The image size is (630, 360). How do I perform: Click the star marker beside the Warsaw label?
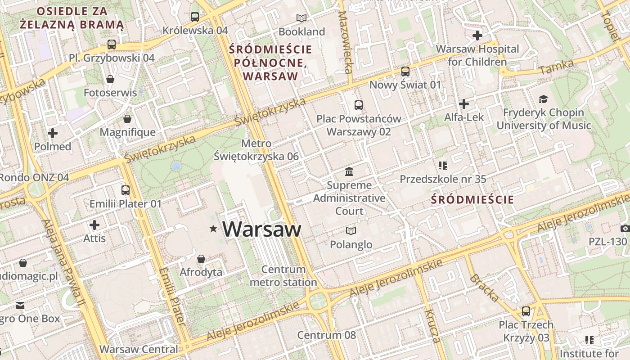213,229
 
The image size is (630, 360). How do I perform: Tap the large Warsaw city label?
262,229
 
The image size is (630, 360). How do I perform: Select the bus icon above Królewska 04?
195,17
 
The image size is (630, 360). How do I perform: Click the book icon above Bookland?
301,18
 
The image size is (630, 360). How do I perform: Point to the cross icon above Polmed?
53,133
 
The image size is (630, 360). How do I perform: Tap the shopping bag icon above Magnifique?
127,119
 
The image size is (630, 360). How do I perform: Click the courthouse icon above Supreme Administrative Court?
349,171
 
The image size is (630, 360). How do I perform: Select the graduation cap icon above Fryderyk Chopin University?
544,99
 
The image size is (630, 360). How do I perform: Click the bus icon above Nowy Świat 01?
405,72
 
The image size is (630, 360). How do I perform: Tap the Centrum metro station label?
283,276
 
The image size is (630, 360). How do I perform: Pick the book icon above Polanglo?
351,231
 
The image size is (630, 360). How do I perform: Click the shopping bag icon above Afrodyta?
201,259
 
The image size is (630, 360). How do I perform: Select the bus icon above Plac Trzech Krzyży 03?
526,311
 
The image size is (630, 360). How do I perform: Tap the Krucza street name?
432,326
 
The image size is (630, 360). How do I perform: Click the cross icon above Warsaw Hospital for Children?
477,35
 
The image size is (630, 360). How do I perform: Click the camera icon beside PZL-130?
625,228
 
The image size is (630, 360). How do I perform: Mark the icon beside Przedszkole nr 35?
443,166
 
